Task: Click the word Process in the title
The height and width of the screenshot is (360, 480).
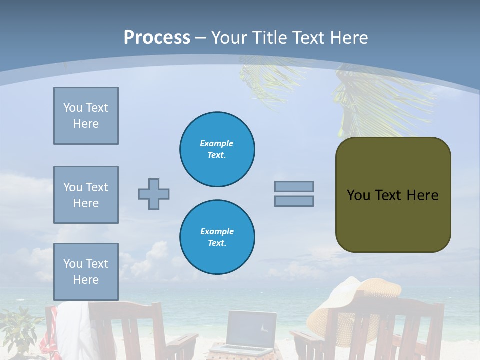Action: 157,38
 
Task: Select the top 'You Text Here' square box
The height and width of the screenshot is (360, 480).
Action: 86,116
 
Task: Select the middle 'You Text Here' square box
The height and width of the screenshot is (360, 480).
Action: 86,195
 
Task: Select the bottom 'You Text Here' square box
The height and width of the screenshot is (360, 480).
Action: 86,272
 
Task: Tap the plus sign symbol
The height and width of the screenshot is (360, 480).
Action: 154,194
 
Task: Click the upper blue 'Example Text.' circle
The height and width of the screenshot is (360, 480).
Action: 217,149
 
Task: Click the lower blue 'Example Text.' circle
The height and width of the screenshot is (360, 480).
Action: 217,237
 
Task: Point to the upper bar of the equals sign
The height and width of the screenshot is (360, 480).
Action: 294,187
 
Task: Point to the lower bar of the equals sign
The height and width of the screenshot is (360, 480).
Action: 294,201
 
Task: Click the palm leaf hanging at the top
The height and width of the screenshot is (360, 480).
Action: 360,100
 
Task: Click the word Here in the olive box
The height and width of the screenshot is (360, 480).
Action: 422,195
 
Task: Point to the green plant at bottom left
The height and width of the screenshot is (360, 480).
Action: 20,330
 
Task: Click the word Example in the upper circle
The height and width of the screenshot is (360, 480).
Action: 216,143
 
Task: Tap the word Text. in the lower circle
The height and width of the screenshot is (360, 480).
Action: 217,243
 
